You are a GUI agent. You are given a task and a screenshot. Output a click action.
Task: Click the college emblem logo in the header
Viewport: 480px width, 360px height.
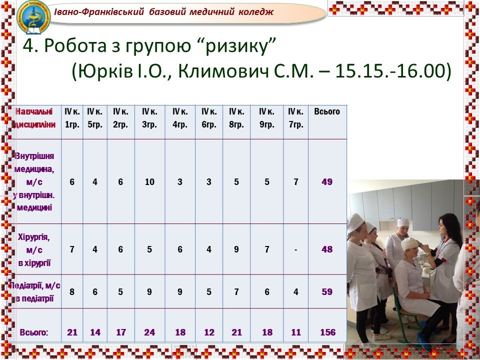pos(33,17)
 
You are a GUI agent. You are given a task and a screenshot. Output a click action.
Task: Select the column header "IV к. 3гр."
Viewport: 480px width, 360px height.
pos(149,118)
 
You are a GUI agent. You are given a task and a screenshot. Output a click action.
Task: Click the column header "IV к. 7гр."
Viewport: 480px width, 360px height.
pos(295,118)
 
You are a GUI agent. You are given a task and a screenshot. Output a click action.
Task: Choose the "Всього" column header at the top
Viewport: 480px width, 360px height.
pos(327,111)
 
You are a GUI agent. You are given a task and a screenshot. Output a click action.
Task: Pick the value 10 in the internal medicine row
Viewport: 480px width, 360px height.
pos(149,182)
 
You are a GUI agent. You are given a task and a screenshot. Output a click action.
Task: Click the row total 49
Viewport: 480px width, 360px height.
pos(327,182)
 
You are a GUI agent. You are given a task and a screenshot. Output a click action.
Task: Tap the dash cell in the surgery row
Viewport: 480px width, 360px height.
pos(295,250)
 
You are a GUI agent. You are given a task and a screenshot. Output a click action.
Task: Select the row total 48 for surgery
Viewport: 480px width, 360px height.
pos(327,249)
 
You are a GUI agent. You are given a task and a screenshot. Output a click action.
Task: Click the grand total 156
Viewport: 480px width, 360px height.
pos(328,332)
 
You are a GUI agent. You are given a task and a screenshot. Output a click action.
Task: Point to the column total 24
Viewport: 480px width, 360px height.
pos(149,332)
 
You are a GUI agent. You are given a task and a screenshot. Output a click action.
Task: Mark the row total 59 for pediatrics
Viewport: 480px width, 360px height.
pos(327,291)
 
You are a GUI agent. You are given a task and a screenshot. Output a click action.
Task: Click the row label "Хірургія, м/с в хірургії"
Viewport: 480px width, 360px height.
pos(34,250)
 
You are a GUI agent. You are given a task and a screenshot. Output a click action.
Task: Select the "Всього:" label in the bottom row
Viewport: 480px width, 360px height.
pos(34,332)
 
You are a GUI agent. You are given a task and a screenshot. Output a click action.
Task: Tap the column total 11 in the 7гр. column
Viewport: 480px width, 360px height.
pos(295,332)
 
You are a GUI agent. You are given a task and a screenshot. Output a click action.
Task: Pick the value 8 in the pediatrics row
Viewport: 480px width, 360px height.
pos(72,291)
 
